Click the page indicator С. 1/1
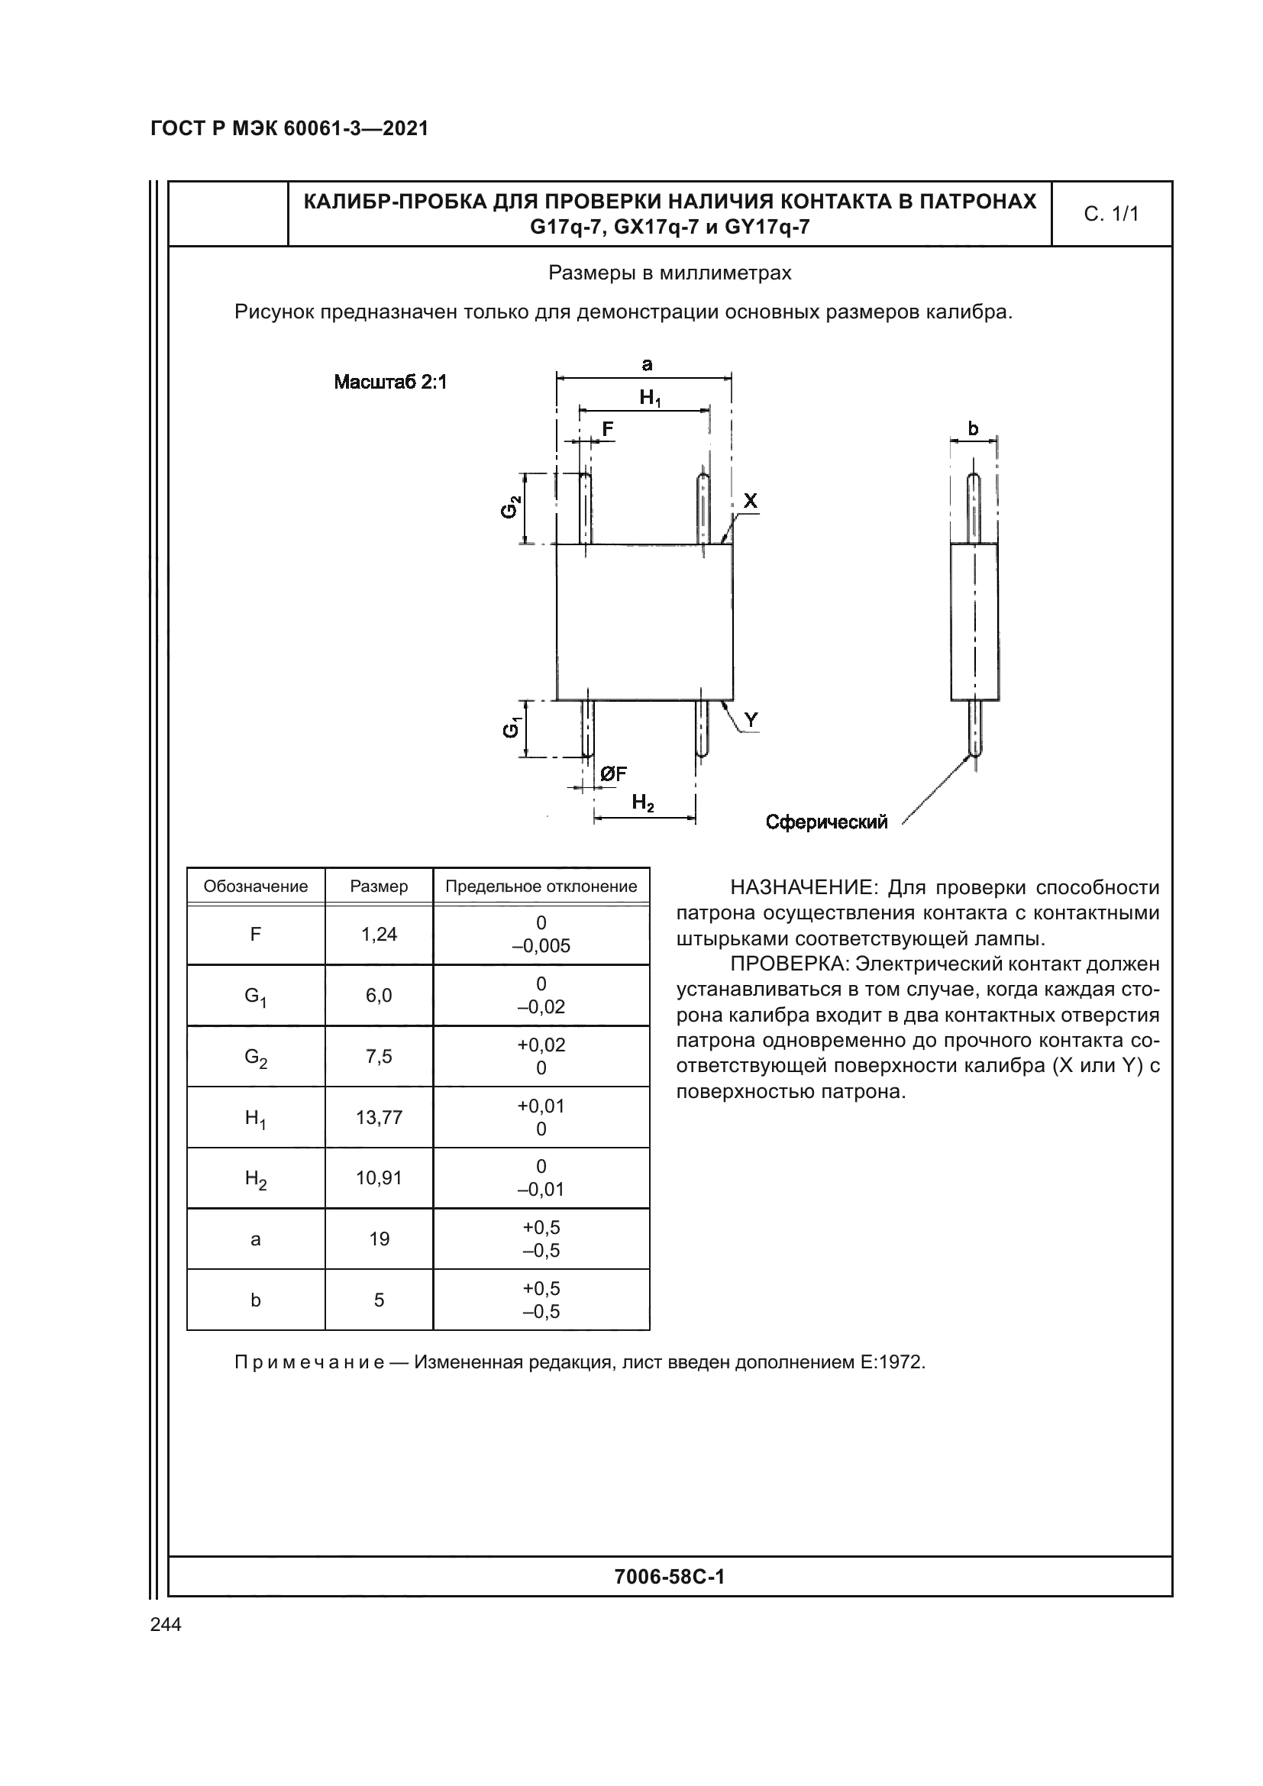coord(1110,214)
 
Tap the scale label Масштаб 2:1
coord(390,382)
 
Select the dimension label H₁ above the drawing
coord(649,399)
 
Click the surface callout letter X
coord(750,501)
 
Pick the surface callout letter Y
coord(751,720)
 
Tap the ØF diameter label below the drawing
coord(613,774)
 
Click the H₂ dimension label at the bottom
coord(643,802)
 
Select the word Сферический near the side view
coord(826,822)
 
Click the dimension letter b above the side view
coord(972,428)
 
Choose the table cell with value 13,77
coord(379,1117)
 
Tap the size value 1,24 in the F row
coord(379,934)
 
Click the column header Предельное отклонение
coord(541,886)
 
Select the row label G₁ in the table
coord(255,996)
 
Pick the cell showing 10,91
coord(379,1177)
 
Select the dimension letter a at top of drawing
coord(646,364)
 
